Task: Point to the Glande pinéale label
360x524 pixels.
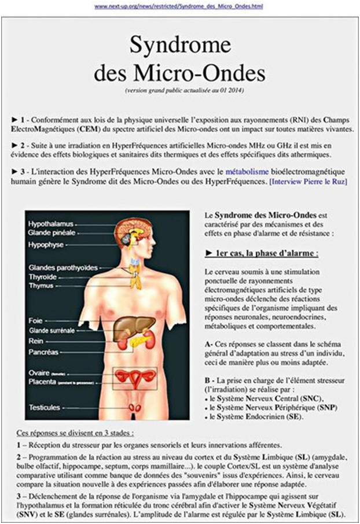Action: click(x=52, y=232)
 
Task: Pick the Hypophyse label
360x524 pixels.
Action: click(x=46, y=245)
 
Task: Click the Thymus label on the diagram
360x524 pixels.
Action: click(x=41, y=285)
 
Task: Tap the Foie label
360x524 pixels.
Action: click(x=36, y=319)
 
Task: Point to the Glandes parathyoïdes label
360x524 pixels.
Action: click(x=63, y=268)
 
